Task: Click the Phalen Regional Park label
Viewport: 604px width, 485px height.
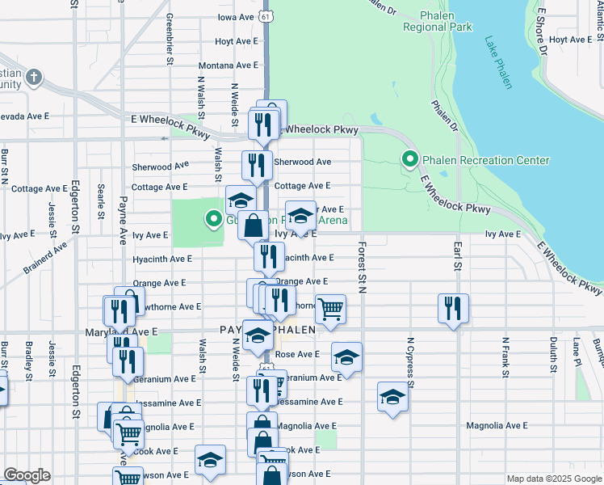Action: pos(437,21)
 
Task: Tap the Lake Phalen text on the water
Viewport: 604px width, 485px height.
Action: pos(498,61)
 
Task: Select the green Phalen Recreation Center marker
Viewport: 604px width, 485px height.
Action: pos(411,160)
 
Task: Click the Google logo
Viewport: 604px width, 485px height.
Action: pos(27,475)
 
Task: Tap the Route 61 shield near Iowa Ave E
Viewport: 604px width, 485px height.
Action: pos(266,16)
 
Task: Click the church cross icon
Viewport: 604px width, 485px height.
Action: pos(33,78)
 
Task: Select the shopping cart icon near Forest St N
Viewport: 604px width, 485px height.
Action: pos(331,308)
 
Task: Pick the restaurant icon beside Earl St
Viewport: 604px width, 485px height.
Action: pos(454,307)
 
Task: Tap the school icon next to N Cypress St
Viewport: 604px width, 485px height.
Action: pos(392,397)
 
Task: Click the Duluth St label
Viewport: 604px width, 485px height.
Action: pos(553,356)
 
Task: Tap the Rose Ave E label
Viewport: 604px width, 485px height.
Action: pos(298,354)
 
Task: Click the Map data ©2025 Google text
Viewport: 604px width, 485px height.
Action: pos(554,479)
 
